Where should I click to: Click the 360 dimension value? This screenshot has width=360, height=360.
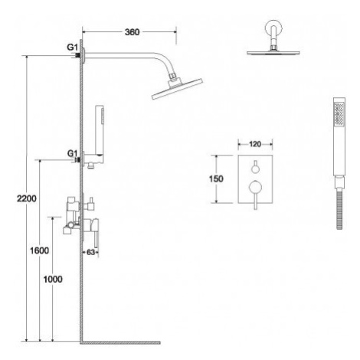click(132, 32)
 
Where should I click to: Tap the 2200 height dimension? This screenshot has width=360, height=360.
click(27, 198)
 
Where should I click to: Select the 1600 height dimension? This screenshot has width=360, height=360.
click(39, 250)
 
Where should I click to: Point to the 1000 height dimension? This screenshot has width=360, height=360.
click(53, 280)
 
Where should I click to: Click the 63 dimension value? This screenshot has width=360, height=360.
click(90, 252)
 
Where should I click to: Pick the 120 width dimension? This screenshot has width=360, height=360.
click(255, 144)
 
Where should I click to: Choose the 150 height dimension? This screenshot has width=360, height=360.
click(216, 179)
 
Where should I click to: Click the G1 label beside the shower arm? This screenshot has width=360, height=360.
click(72, 47)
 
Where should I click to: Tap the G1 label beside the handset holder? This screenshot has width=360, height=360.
click(72, 153)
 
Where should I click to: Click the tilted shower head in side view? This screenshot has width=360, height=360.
click(177, 88)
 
